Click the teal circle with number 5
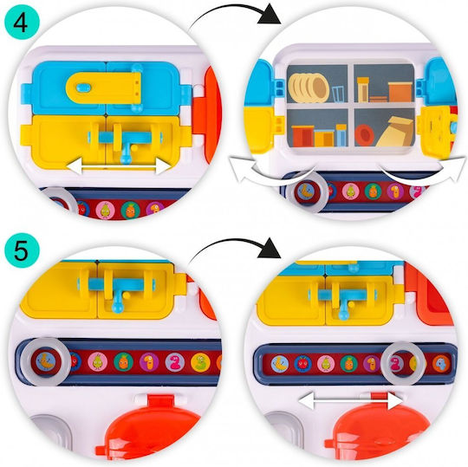22,250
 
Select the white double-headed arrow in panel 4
119,166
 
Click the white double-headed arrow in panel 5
350,400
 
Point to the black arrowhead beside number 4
269,15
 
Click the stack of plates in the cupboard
309,88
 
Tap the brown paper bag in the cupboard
395,132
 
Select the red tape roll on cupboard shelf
364,135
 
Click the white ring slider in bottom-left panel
45,360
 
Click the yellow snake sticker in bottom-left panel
200,362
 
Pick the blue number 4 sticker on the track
441,364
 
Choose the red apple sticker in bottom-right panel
302,363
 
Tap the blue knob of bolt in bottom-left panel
115,308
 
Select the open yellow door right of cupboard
435,132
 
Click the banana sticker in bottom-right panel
280,363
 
